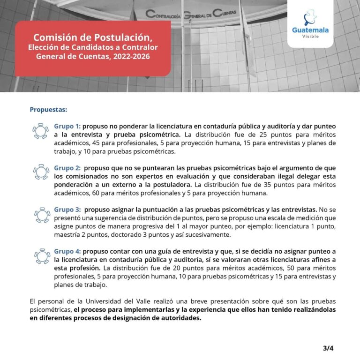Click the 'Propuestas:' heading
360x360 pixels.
[48, 110]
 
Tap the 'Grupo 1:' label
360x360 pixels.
[67, 127]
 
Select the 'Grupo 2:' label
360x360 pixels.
[67, 168]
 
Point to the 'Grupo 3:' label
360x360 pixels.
[67, 209]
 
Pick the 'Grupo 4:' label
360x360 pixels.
[67, 251]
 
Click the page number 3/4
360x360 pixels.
[328, 348]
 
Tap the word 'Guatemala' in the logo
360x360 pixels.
[310, 30]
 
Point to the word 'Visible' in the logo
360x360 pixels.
[310, 37]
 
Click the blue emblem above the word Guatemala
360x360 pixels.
[310, 17]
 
